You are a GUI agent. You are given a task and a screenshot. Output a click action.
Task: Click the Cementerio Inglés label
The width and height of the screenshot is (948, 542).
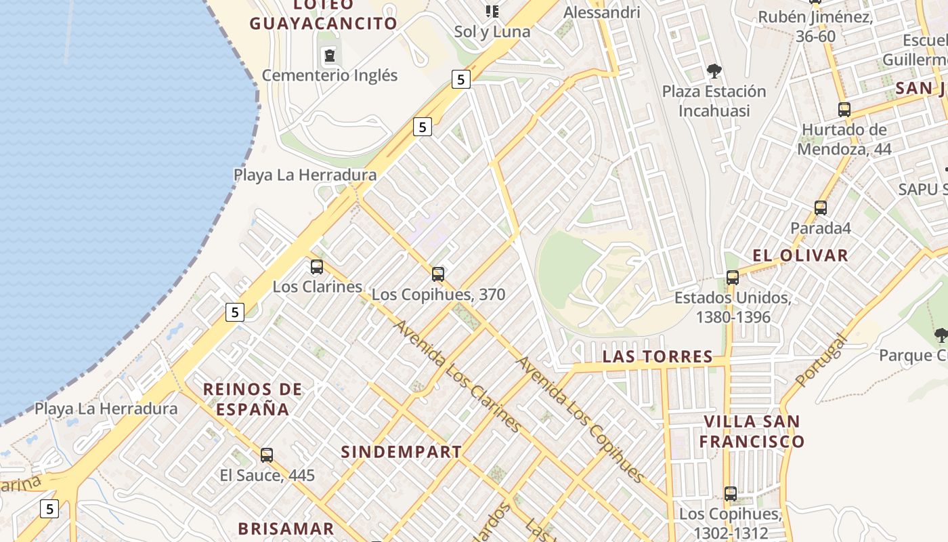click(x=330, y=75)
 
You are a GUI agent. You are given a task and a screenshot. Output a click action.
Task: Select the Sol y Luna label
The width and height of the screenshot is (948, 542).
click(x=492, y=31)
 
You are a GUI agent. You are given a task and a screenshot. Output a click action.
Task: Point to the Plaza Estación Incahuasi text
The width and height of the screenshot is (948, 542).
click(x=714, y=100)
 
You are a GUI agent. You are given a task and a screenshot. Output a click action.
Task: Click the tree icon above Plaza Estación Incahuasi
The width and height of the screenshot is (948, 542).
click(x=714, y=70)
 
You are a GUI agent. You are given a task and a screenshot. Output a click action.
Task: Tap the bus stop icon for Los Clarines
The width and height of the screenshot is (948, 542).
click(x=317, y=267)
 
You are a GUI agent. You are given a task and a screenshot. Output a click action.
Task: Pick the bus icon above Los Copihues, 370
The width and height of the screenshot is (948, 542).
click(x=438, y=274)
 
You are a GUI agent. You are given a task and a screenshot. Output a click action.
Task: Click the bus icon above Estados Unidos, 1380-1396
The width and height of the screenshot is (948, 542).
click(x=732, y=277)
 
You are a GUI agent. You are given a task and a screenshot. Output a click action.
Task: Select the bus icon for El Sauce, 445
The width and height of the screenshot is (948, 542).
click(x=267, y=455)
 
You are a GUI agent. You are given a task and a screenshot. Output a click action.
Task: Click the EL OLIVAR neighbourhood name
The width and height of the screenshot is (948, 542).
click(x=800, y=255)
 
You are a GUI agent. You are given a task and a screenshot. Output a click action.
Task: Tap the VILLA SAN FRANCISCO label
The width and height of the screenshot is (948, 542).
click(x=752, y=432)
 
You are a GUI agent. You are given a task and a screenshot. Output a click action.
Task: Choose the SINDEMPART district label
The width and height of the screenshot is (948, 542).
click(x=401, y=452)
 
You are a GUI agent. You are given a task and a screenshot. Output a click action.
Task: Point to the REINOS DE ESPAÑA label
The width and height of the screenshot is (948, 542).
click(x=253, y=399)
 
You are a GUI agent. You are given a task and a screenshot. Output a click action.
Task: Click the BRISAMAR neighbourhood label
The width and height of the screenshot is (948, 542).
click(x=286, y=528)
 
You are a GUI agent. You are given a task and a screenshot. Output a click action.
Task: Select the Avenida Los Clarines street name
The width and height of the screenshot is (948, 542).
click(x=457, y=376)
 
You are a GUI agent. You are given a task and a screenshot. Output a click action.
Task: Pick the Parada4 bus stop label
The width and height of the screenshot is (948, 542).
click(x=821, y=228)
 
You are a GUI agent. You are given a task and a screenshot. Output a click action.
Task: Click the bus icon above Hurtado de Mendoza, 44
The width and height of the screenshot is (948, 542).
click(x=844, y=110)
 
